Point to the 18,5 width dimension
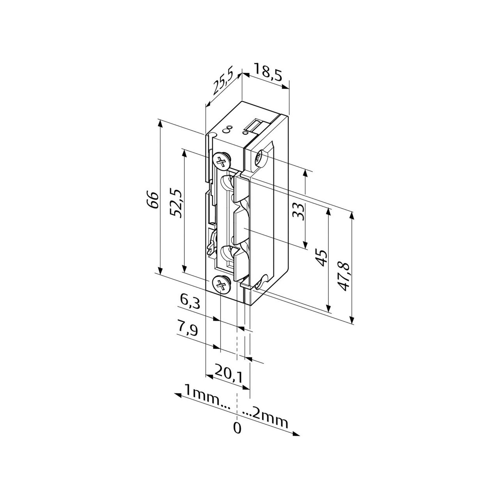pos(268,72)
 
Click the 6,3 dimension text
pos(190,302)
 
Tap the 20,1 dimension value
pos(228,374)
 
